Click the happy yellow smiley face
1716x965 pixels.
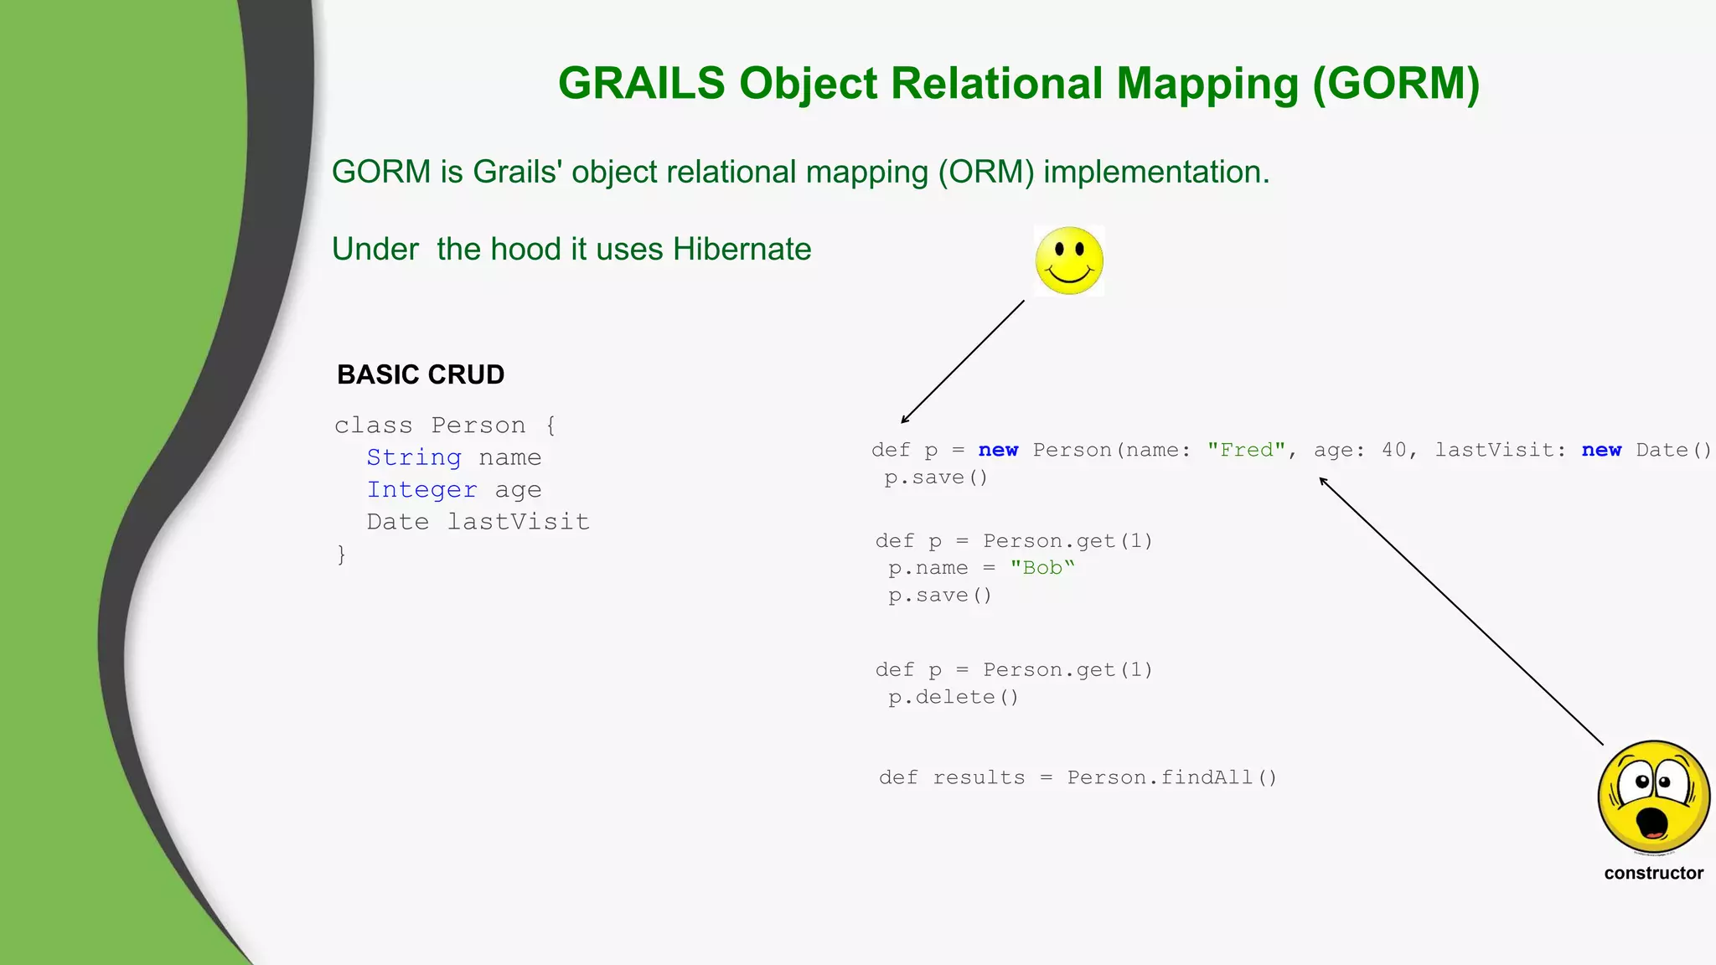click(1069, 261)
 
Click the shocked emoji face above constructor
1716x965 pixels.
click(1653, 796)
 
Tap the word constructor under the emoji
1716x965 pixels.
click(1653, 873)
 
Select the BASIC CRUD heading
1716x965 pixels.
click(421, 374)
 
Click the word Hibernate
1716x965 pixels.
click(742, 250)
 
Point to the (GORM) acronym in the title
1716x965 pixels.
click(1396, 84)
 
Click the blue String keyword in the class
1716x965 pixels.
click(414, 457)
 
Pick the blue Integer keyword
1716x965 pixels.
click(421, 490)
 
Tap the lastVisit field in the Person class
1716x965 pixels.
click(518, 522)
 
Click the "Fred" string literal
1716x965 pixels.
click(1246, 450)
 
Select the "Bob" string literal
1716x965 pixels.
click(1041, 568)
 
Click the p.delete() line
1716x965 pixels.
click(954, 697)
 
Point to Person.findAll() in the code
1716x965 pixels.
click(1171, 777)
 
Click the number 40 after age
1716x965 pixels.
click(1394, 450)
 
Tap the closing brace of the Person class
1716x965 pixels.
click(341, 554)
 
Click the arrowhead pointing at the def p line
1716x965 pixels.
click(904, 420)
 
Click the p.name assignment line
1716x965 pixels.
click(980, 568)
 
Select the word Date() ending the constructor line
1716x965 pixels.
click(1672, 450)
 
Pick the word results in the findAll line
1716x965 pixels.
click(979, 777)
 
